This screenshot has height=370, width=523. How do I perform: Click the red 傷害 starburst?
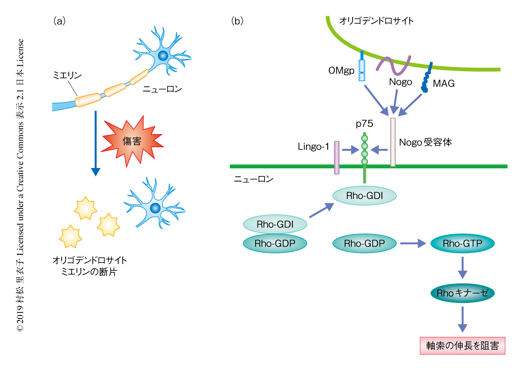tap(132, 141)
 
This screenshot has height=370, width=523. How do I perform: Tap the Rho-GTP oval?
tap(462, 244)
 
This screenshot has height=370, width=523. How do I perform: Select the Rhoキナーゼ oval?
tap(462, 293)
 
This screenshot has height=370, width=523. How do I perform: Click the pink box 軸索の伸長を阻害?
tap(462, 346)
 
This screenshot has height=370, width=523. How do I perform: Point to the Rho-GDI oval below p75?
tap(364, 195)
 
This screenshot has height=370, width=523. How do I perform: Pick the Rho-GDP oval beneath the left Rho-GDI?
tap(275, 244)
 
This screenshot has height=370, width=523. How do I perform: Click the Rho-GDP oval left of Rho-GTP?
tap(364, 244)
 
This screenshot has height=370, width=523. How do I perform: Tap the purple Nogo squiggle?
tap(394, 65)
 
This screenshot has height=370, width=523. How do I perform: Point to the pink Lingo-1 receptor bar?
tap(337, 158)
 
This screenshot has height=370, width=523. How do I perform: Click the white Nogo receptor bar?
tap(393, 142)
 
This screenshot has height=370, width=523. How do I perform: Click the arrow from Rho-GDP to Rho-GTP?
tap(412, 244)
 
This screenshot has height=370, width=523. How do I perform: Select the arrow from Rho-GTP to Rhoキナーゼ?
tap(462, 268)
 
